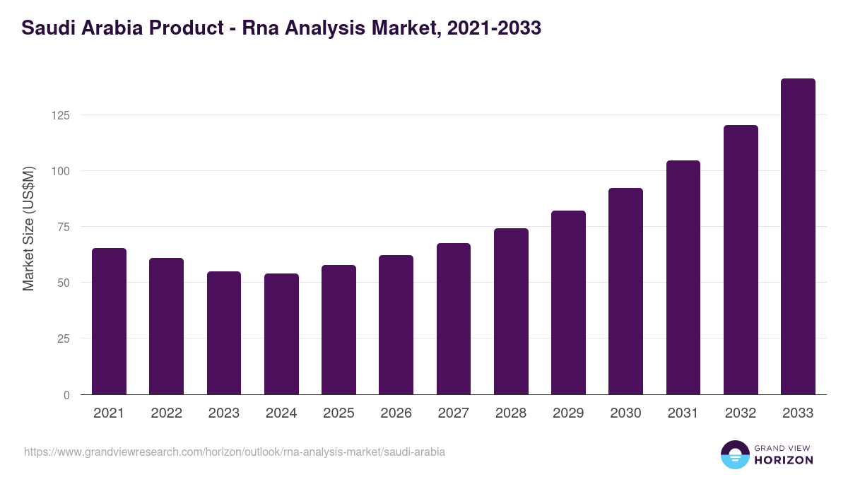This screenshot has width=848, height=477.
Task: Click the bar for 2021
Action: [109, 322]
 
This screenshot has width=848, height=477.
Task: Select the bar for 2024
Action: [281, 334]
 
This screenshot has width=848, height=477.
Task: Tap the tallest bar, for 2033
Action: [798, 237]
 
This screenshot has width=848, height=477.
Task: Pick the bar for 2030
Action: [625, 291]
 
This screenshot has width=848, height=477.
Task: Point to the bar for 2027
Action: [453, 319]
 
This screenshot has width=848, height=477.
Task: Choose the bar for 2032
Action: [741, 260]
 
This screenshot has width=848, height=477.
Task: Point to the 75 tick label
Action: [64, 227]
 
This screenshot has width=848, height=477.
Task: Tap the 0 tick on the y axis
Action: [67, 395]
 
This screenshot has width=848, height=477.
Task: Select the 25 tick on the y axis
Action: [64, 338]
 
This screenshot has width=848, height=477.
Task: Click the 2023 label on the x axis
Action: [223, 413]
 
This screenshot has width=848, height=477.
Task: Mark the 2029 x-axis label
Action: [568, 413]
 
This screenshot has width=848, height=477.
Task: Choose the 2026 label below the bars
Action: [396, 413]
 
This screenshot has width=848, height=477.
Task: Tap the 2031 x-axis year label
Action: [683, 413]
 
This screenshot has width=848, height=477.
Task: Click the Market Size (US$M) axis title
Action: [28, 228]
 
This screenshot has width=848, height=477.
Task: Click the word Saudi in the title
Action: [46, 28]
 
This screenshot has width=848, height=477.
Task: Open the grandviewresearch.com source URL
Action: [235, 452]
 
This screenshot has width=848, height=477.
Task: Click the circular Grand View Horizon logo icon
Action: [734, 454]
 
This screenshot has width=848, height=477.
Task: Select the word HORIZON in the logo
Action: [784, 460]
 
